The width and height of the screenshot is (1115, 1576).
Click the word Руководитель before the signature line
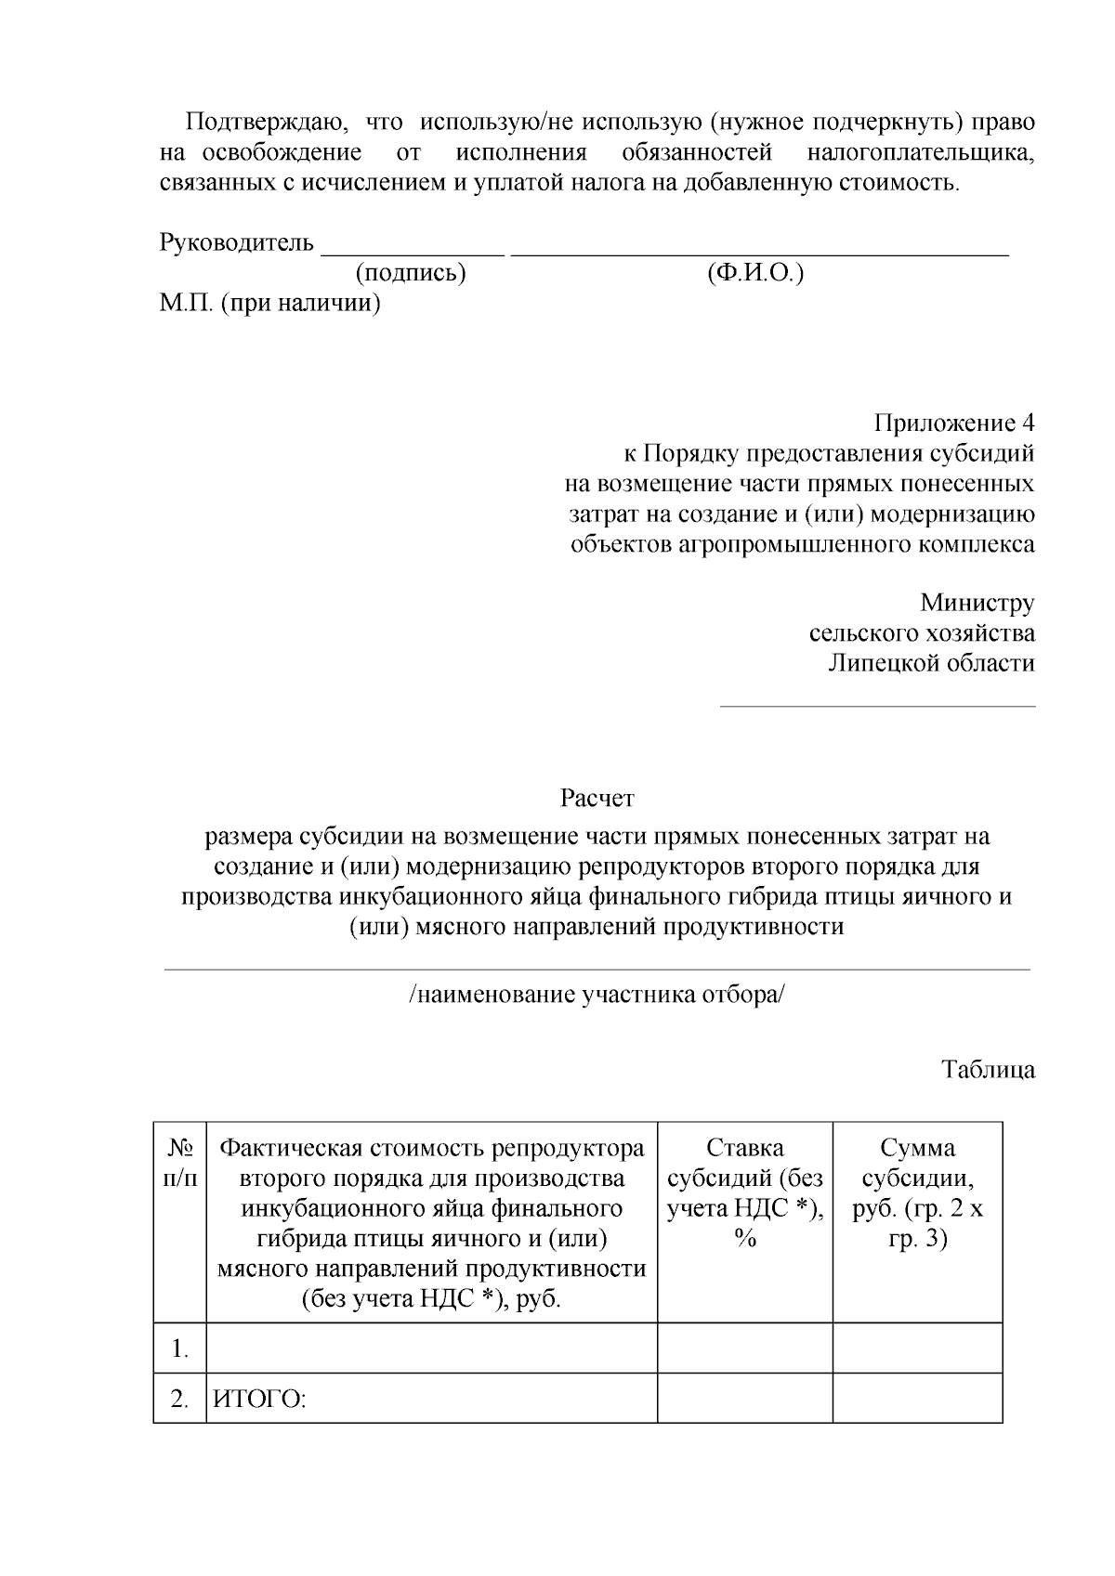[x=237, y=243]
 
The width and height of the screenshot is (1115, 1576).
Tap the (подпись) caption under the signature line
[x=410, y=273]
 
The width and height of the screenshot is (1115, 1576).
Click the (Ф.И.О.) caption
[x=754, y=273]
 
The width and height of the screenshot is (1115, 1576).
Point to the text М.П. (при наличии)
[x=269, y=303]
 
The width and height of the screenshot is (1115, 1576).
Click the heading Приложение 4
[x=953, y=423]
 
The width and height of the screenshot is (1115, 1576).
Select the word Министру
[x=977, y=603]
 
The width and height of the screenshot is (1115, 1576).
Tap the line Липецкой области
[x=931, y=663]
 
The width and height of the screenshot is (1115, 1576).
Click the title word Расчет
[x=597, y=798]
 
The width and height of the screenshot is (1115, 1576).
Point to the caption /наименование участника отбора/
[x=597, y=995]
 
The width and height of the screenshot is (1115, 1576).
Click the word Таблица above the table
[x=989, y=1069]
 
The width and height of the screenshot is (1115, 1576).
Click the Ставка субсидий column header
[x=744, y=1192]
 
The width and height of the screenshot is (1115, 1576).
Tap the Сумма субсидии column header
[x=917, y=1192]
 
